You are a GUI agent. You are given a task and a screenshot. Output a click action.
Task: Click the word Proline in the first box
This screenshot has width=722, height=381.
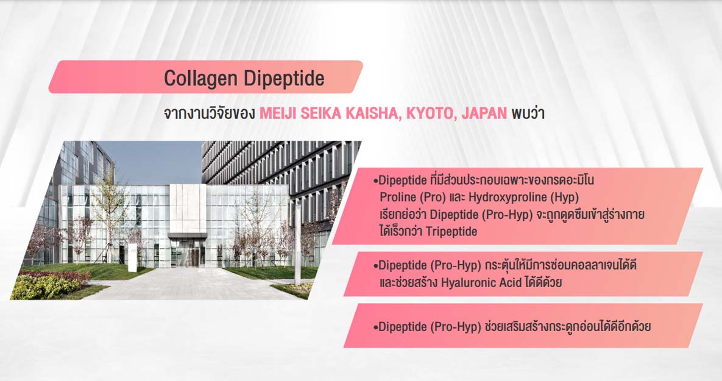(398, 197)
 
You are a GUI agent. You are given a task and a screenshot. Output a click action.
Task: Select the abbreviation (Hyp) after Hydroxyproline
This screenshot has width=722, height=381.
(565, 198)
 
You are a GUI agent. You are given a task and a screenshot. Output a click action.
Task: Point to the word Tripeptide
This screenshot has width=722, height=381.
(451, 231)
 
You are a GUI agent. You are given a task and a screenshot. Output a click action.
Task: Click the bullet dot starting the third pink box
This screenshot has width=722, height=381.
(376, 327)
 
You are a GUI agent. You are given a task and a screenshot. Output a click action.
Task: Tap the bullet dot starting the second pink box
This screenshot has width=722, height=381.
(376, 266)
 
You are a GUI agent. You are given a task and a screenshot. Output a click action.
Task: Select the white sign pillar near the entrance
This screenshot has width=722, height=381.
(133, 257)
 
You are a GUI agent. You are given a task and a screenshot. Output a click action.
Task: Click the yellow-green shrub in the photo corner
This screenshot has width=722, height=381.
(44, 287)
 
